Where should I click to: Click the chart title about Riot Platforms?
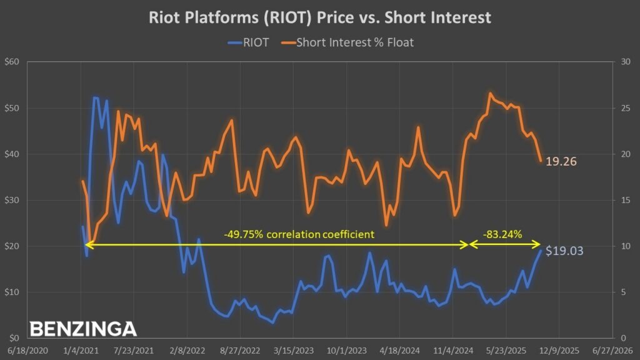point(319,17)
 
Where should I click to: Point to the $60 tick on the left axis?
point(12,62)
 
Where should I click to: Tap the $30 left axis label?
point(12,200)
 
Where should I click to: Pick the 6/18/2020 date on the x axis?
point(24,349)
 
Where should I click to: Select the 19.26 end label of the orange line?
point(560,161)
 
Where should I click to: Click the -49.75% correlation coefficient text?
point(299,234)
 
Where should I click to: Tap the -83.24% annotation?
point(502,234)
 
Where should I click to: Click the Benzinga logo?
point(83,329)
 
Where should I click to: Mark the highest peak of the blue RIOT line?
point(95,97)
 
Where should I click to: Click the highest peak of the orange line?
point(491,93)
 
